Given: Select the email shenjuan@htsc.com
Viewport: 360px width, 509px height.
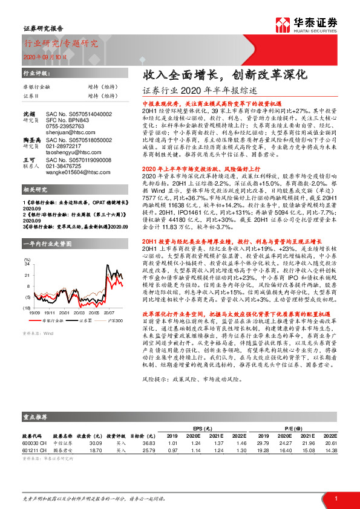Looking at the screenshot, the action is point(63,129).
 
